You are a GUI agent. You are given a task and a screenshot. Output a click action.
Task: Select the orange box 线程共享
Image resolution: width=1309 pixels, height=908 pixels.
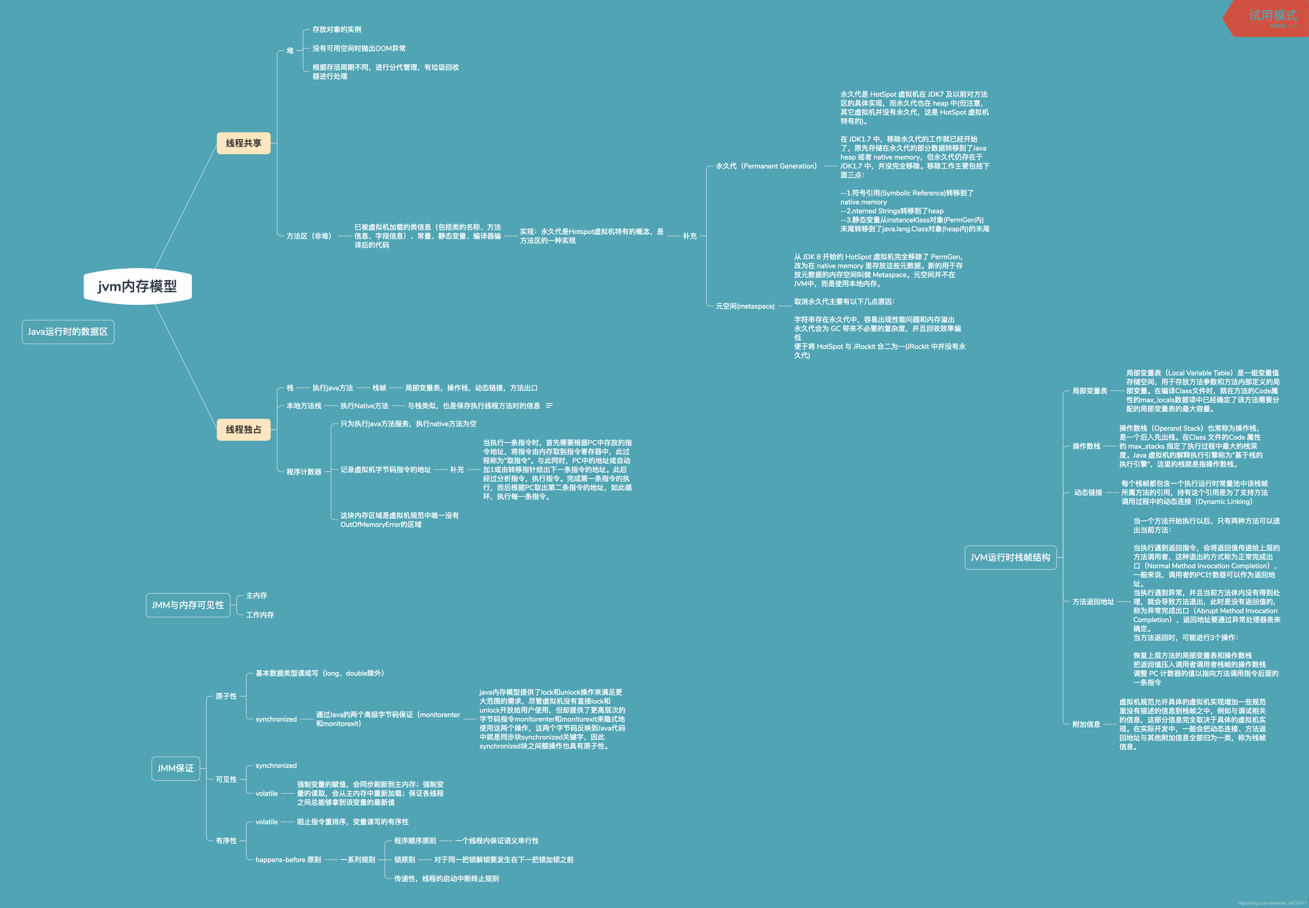click(x=244, y=143)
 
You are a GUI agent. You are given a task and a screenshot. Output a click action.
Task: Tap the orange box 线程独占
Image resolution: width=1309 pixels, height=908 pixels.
click(x=244, y=429)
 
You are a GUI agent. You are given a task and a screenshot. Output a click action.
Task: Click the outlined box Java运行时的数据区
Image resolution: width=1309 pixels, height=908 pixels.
click(x=68, y=332)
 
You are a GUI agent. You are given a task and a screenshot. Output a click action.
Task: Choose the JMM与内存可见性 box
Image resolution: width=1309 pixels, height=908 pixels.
click(x=188, y=605)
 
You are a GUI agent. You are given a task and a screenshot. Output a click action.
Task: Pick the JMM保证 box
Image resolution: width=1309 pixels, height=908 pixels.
click(x=175, y=768)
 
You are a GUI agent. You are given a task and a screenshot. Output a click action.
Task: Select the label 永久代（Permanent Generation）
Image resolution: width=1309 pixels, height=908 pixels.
click(x=766, y=166)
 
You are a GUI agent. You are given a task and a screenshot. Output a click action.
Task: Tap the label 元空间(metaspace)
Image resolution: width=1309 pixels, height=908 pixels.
click(x=745, y=306)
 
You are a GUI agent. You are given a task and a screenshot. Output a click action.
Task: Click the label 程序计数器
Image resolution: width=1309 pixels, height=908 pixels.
click(x=304, y=472)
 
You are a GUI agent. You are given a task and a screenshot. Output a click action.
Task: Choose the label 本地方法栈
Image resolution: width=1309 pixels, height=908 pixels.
click(x=304, y=406)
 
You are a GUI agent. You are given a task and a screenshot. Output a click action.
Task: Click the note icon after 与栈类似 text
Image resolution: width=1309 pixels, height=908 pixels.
click(x=549, y=406)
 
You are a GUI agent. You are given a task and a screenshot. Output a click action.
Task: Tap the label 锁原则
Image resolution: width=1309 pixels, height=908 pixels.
click(x=405, y=860)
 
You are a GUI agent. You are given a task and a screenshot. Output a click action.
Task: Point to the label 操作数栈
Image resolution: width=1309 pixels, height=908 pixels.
click(x=1086, y=446)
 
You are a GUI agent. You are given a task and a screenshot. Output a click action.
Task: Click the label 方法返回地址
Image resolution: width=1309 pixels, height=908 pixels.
click(x=1093, y=601)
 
